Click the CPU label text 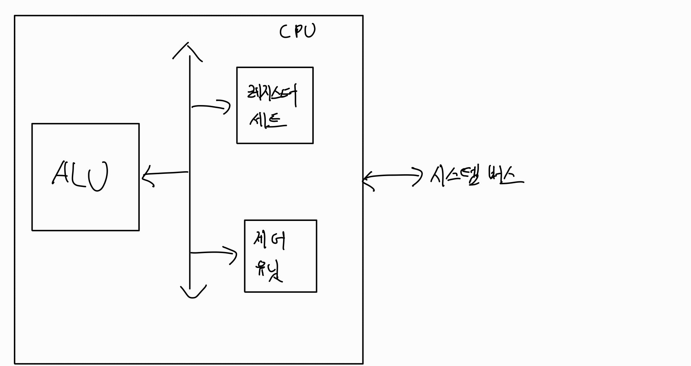(297, 31)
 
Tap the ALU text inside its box (80, 176)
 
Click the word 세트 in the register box (268, 120)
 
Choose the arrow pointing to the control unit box (214, 253)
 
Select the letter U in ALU (98, 176)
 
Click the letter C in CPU (285, 32)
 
